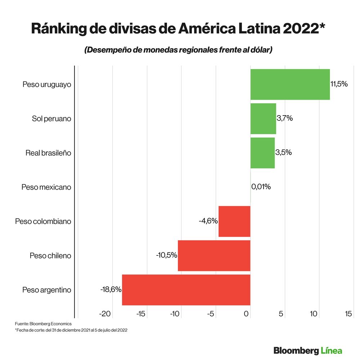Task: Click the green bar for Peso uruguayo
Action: click(290, 84)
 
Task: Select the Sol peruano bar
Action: click(263, 119)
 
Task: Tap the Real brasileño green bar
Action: click(262, 153)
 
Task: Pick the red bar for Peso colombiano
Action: click(234, 221)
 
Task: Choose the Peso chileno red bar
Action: click(214, 255)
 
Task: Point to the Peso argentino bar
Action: click(186, 290)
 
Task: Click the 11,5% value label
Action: click(339, 84)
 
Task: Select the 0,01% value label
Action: click(261, 187)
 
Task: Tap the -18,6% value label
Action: click(111, 289)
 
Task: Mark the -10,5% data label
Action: click(166, 255)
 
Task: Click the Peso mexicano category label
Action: click(46, 187)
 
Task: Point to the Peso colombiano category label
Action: click(43, 221)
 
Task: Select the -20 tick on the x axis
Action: click(105, 314)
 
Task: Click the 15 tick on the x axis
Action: click(348, 314)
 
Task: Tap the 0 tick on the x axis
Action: click(246, 314)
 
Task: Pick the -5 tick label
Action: click(211, 314)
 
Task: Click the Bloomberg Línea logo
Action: click(307, 350)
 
